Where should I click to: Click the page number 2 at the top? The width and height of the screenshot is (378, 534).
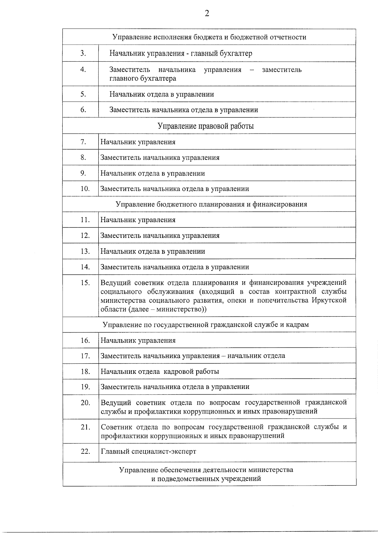point(207,13)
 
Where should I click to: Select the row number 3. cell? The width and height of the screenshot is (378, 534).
point(83,53)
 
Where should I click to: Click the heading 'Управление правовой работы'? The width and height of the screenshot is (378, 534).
point(205,126)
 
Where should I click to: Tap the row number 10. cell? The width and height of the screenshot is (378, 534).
point(85,189)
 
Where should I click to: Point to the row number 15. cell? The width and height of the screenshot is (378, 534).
point(85,283)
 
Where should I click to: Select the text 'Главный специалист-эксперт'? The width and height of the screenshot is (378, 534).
point(148,451)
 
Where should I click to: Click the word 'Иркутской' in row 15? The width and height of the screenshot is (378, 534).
point(329,300)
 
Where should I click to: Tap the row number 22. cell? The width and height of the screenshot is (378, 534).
point(85,451)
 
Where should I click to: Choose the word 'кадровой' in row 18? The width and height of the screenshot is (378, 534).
point(178,371)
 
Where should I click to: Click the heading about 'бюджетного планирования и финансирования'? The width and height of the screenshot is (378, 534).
point(211,204)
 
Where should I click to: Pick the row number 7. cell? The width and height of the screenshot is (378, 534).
point(83,142)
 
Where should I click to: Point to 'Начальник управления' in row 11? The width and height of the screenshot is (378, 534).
point(138,220)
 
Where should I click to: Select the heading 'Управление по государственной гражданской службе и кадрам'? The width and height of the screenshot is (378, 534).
point(206,324)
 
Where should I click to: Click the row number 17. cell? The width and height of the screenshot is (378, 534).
point(85,356)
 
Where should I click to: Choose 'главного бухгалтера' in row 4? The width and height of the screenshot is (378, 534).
point(142,78)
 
